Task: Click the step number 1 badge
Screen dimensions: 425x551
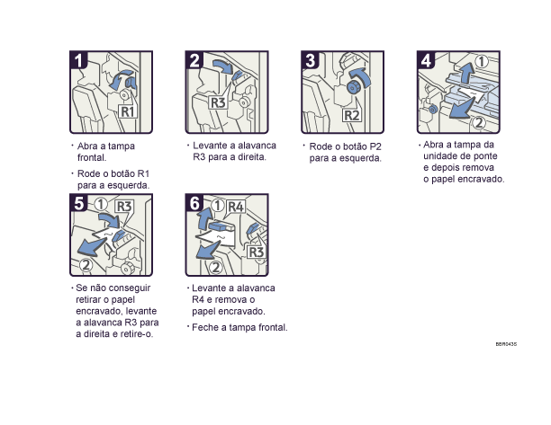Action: pos(80,61)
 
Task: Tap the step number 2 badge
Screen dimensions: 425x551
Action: pos(195,61)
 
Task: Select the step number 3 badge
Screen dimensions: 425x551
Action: pos(311,61)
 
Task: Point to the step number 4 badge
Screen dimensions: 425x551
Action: pos(426,61)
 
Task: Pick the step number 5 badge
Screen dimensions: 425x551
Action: pos(80,204)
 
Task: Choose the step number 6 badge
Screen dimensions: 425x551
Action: pos(195,204)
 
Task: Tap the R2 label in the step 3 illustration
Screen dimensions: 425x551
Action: pos(352,116)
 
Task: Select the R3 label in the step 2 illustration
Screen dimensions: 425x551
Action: pos(218,102)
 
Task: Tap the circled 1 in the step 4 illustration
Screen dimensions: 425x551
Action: pos(483,62)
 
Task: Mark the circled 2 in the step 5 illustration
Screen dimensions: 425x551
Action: pos(86,264)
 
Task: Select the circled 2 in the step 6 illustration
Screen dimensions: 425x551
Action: pos(216,266)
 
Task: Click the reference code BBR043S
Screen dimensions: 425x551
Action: pos(506,344)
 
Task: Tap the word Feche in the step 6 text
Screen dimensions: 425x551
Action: pos(205,327)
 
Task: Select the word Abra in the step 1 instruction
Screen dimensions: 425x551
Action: pos(88,146)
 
